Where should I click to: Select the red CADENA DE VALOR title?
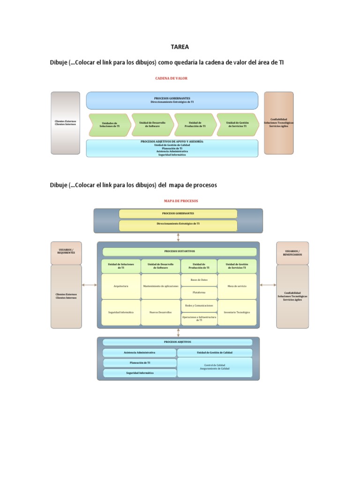[171, 78]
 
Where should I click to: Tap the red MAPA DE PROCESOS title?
[180, 201]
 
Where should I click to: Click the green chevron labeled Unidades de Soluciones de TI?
[109, 125]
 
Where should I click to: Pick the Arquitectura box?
[121, 286]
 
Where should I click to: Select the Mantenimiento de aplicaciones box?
[161, 286]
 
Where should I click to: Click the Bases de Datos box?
[199, 279]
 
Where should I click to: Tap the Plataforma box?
[199, 292]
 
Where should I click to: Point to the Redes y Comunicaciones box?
[199, 306]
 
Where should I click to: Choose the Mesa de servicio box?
[237, 286]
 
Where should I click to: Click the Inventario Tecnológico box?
[237, 312]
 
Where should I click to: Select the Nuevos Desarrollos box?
[161, 312]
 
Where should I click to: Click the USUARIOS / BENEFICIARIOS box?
[292, 253]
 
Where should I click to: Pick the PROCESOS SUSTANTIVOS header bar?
[180, 251]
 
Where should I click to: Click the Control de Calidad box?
[215, 367]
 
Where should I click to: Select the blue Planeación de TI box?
[140, 363]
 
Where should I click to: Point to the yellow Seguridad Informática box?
[121, 312]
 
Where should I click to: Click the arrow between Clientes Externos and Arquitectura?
[90, 285]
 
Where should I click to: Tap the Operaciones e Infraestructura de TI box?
[199, 319]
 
